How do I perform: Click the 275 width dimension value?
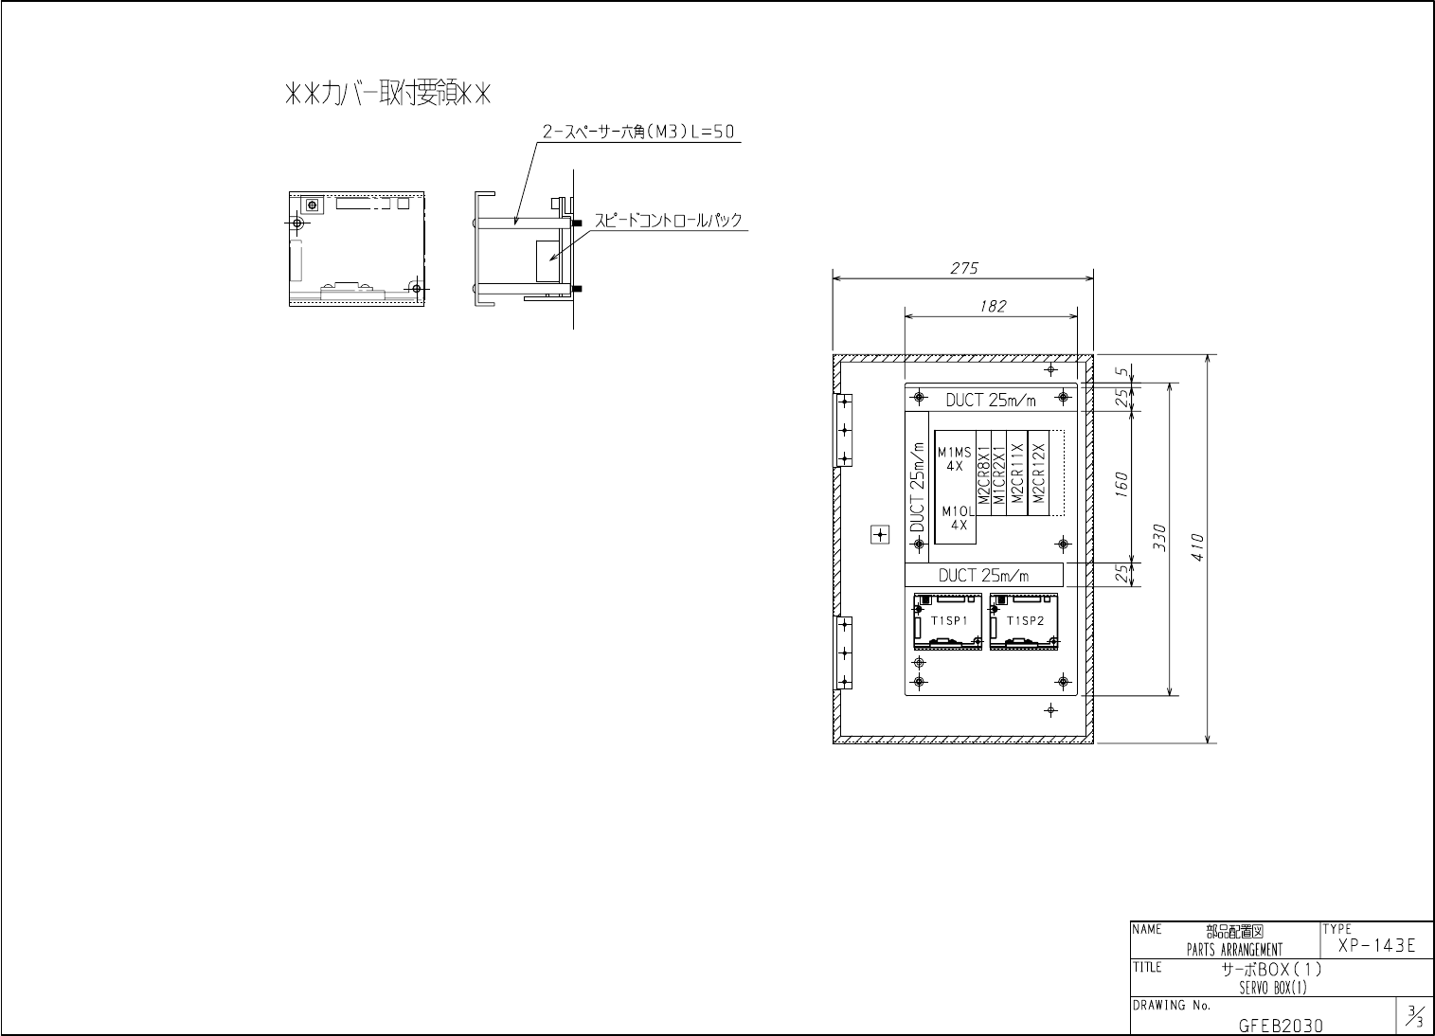963,269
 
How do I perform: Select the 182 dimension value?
993,307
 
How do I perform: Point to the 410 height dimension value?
1197,546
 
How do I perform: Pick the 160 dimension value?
1121,484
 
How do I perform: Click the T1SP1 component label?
948,621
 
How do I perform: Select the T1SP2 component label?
1025,621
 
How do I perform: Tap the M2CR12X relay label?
1038,473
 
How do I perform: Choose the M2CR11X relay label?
1015,473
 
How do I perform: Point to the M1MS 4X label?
954,459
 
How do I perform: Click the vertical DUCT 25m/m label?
917,500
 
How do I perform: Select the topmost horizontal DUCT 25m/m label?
991,401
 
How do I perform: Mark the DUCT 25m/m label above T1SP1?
983,575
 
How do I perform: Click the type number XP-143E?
1376,945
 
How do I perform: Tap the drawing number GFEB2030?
1281,1026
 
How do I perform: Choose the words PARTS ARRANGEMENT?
1234,950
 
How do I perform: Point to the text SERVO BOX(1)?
1272,989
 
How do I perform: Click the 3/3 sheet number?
1414,1018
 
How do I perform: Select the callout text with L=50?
638,134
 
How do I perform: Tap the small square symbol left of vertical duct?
880,535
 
